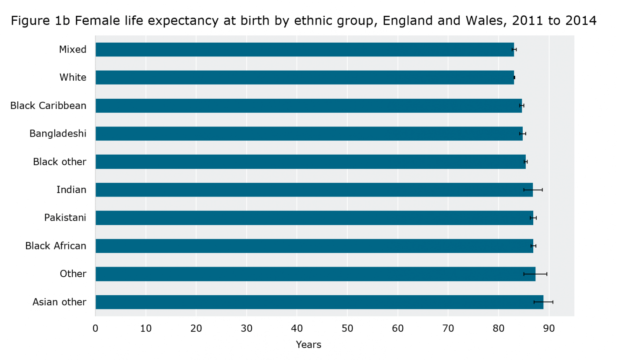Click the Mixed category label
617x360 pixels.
point(73,49)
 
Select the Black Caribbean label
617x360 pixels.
point(48,106)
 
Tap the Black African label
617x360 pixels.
point(56,246)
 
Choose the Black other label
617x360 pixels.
point(59,162)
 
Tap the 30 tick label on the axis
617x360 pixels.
point(246,328)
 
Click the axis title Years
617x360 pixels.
point(308,345)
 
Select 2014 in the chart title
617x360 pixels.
point(580,21)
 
